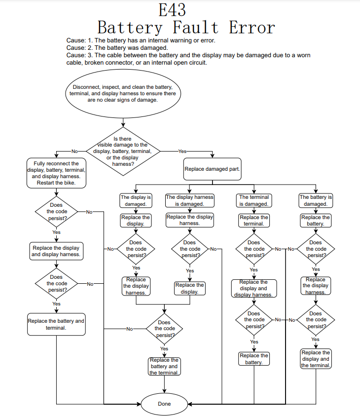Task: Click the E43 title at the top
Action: coord(173,10)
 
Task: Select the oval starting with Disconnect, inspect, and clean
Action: coord(122,93)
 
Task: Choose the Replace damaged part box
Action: coord(212,169)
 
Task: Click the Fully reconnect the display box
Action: coord(56,173)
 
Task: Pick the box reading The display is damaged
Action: coord(136,200)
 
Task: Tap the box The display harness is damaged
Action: coord(190,200)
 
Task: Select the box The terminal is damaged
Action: coord(254,200)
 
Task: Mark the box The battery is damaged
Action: coord(316,200)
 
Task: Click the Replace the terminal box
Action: coord(254,220)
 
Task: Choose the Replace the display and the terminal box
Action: coord(316,359)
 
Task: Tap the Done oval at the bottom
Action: coord(164,404)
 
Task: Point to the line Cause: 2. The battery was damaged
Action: coord(117,48)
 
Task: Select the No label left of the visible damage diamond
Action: coord(74,151)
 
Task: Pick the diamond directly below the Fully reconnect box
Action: coord(57,211)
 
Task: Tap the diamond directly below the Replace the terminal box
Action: coord(254,249)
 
